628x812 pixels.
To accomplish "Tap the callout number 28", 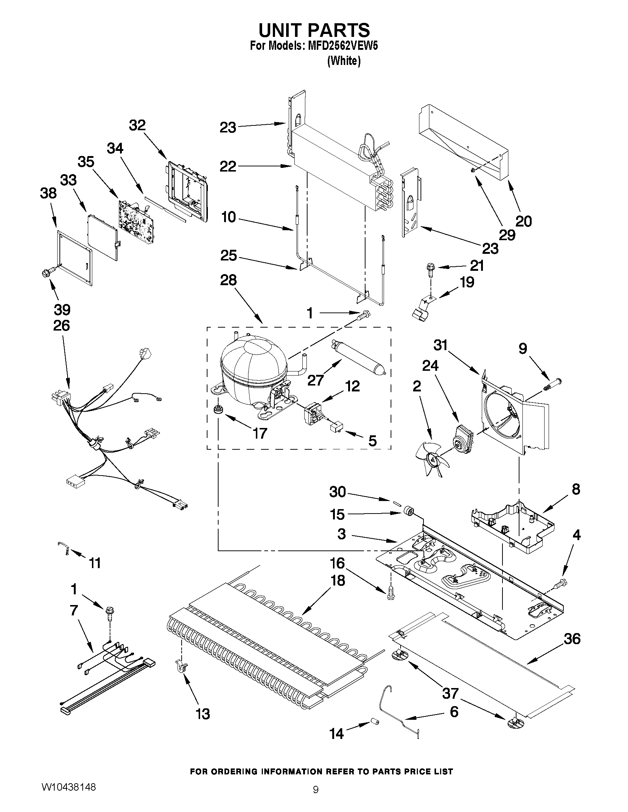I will [x=228, y=280].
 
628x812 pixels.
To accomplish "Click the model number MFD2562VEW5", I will [x=342, y=46].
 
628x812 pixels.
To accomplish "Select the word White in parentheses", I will [x=344, y=61].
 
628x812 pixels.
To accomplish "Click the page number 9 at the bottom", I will [x=315, y=799].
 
